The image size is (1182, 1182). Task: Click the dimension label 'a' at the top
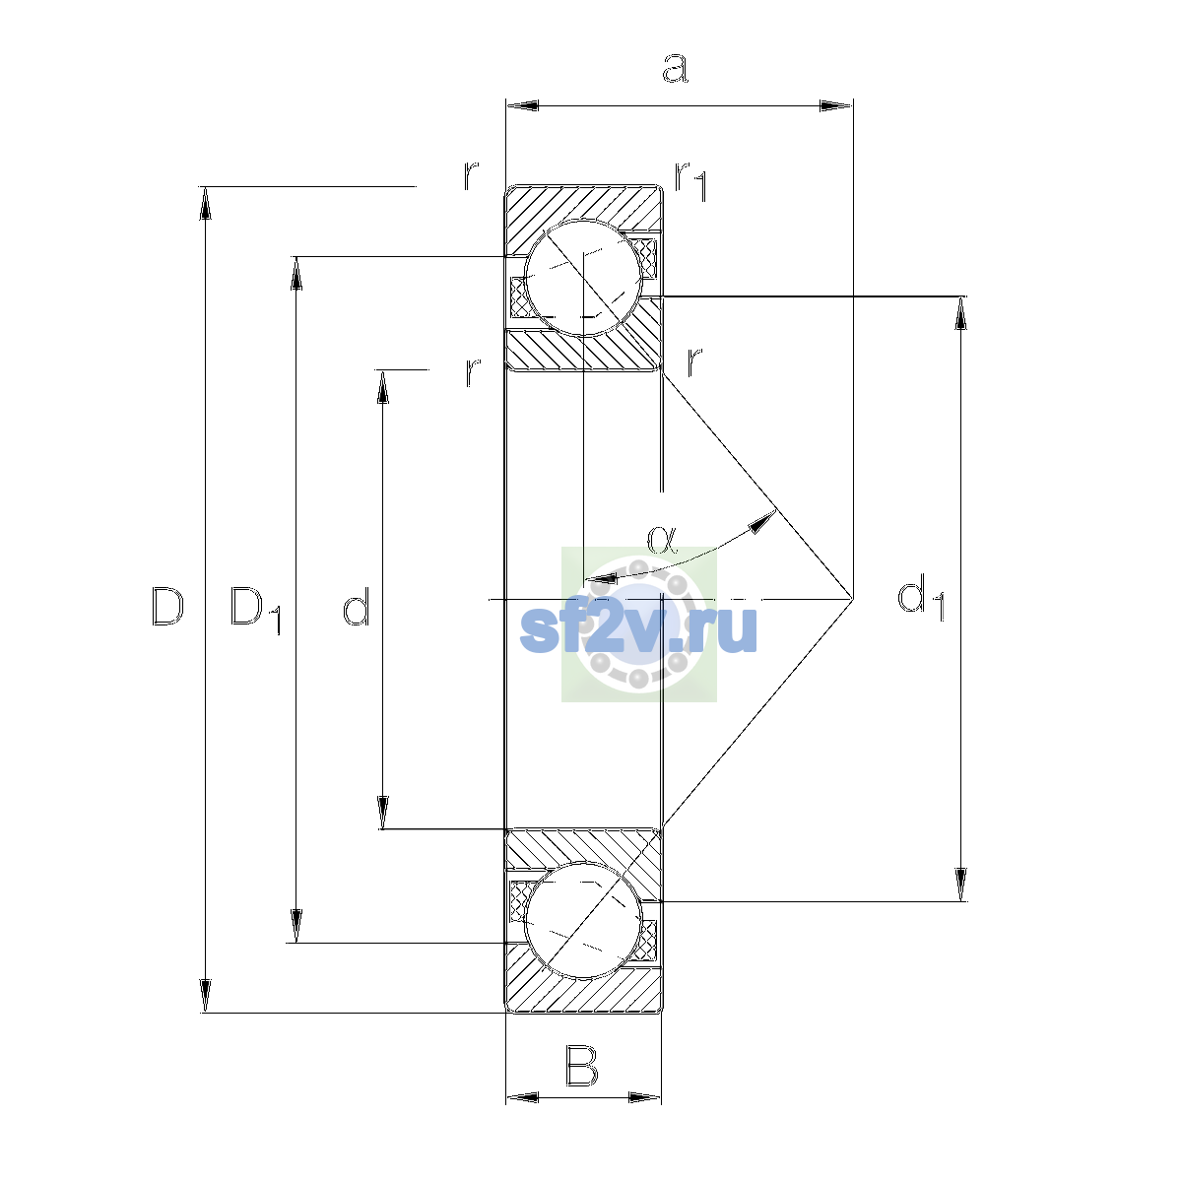[676, 68]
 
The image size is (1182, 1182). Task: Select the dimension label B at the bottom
[581, 1066]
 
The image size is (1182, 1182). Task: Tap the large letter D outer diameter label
[167, 606]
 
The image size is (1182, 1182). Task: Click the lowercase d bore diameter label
[357, 606]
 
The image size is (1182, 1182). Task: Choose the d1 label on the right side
[921, 598]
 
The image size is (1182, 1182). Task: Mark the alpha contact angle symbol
[662, 540]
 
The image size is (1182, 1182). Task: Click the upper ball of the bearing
[583, 278]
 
